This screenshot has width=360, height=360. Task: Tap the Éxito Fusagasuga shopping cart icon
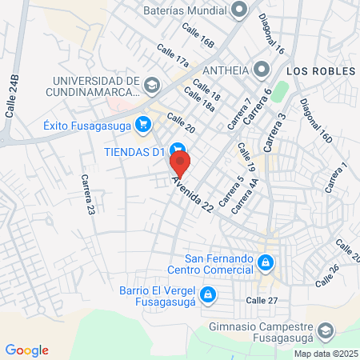[x=143, y=124]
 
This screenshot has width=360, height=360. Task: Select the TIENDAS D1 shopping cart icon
[x=179, y=149]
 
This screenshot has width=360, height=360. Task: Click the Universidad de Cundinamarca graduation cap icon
[x=151, y=83]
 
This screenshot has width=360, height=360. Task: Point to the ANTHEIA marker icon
[x=261, y=70]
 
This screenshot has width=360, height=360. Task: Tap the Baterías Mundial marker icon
[x=238, y=10]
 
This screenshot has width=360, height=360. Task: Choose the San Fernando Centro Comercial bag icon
[x=266, y=262]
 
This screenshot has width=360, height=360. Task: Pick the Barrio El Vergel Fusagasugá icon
[x=207, y=295]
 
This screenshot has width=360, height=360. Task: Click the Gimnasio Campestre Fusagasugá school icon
[x=326, y=330]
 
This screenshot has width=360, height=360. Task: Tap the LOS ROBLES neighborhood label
[x=320, y=71]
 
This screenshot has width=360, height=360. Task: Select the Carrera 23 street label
[x=87, y=196]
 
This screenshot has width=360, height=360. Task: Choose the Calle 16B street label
[x=198, y=37]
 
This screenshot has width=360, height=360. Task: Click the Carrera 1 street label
[x=336, y=178]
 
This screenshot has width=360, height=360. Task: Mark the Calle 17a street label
[x=173, y=62]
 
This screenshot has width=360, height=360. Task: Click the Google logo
[x=26, y=350]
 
